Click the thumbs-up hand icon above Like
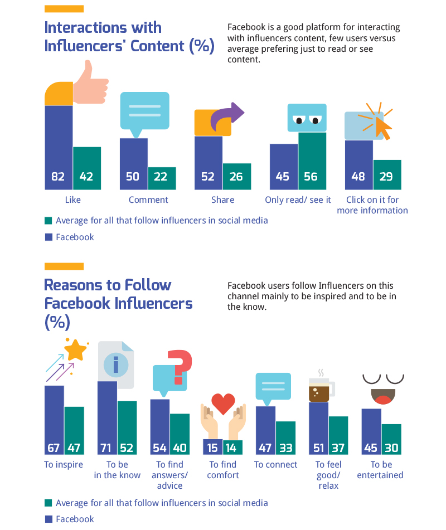[x=91, y=84]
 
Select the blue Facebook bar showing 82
[x=59, y=147]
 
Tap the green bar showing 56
[x=312, y=161]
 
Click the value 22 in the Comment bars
[x=160, y=177]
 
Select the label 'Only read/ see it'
[x=298, y=200]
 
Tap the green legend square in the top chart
[x=49, y=221]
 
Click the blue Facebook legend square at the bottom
[x=49, y=519]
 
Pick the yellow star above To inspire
[x=75, y=350]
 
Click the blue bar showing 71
[x=107, y=418]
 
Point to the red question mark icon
[x=180, y=366]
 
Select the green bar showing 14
[x=232, y=447]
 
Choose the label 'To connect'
[x=275, y=465]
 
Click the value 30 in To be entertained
[x=391, y=448]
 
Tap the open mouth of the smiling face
[x=383, y=396]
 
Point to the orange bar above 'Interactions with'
[x=64, y=9]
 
